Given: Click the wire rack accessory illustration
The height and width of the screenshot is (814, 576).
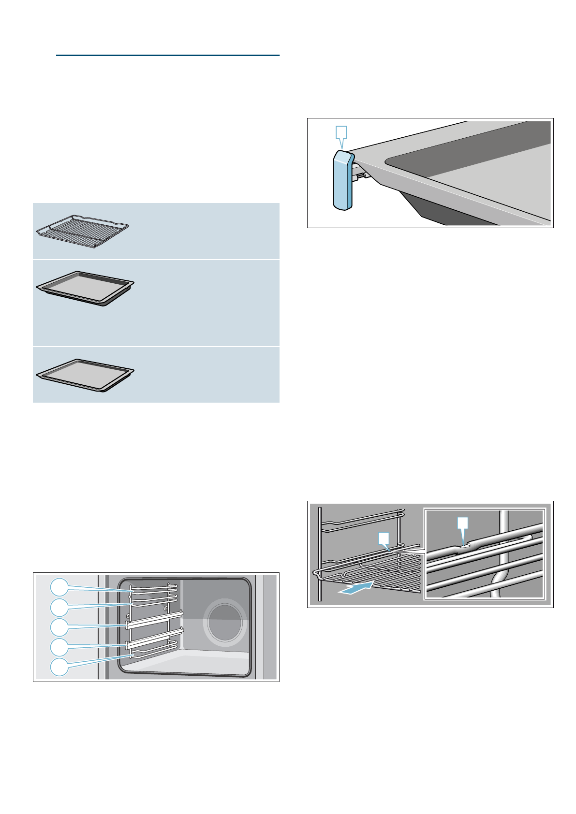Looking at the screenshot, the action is click(82, 231).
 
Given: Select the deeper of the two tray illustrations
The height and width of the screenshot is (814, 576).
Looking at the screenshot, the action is click(85, 289).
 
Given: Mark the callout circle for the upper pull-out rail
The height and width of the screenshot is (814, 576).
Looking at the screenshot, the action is click(59, 626).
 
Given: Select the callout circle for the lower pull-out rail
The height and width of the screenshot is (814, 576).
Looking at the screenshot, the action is click(59, 646).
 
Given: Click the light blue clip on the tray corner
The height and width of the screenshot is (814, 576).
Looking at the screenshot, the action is click(342, 180).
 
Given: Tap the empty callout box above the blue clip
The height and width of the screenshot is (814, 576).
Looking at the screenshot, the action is click(341, 131).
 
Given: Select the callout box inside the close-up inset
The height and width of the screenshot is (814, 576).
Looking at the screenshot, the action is click(463, 523).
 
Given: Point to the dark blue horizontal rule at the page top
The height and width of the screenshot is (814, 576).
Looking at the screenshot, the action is click(167, 56).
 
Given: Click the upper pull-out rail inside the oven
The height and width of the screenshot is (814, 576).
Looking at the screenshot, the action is click(154, 621).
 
